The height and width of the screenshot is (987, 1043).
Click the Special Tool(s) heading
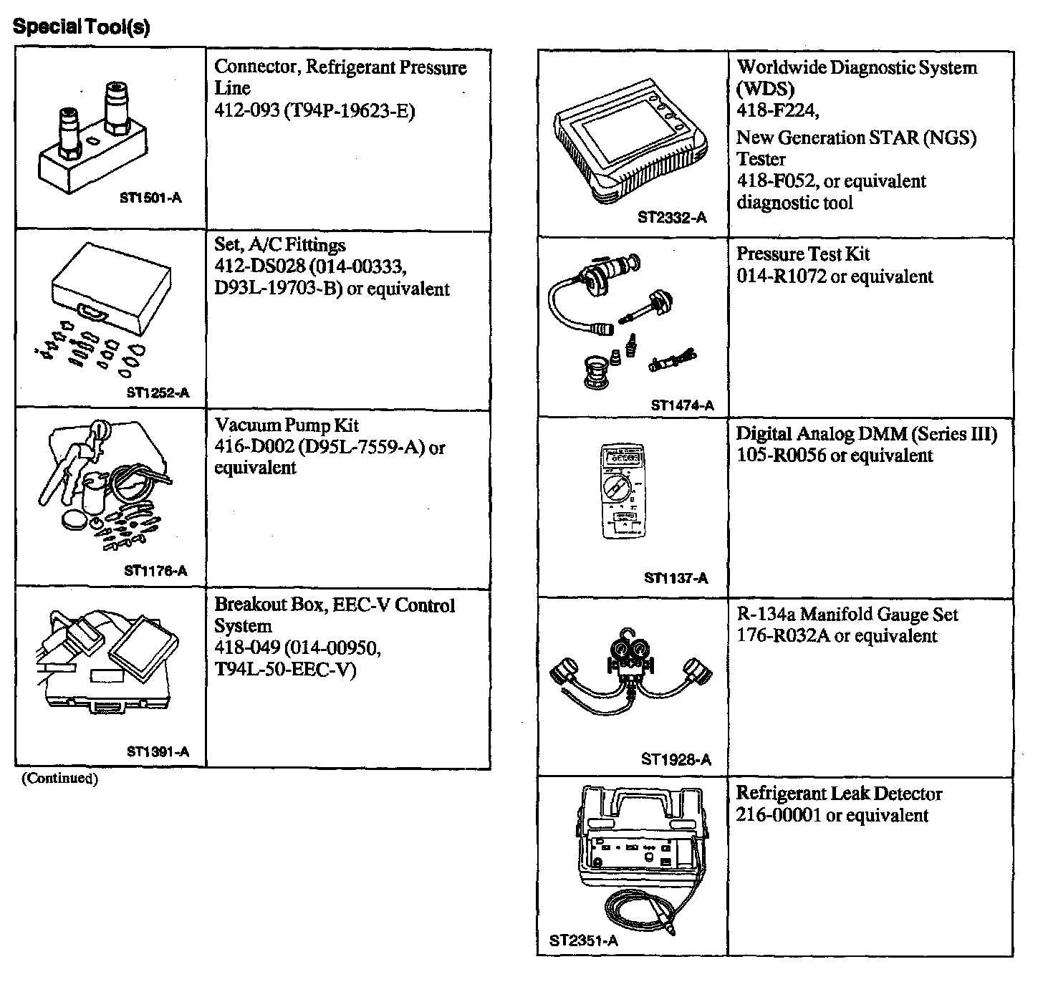coord(82,27)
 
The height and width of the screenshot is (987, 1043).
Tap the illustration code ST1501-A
coord(150,198)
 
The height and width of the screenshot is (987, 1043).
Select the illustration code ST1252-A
coord(158,393)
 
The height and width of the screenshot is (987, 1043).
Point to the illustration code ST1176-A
coord(155,571)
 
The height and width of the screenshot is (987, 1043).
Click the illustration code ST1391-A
coord(158,751)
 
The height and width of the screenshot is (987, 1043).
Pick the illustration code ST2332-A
coord(672,218)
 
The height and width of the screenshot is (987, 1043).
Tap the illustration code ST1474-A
coord(682,405)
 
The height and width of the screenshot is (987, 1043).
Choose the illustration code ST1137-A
coord(676,578)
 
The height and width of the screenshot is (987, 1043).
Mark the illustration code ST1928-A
coord(676,759)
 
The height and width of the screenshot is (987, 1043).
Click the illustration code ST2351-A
coord(583,941)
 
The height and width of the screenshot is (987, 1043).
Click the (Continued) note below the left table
coord(59,779)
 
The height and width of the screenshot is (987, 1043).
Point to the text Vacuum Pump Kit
coord(287,425)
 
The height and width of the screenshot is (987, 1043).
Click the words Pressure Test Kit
coord(803,254)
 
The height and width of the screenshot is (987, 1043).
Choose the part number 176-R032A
coord(783,636)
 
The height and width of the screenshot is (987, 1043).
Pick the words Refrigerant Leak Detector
coord(839,794)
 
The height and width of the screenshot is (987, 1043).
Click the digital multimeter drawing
coord(620,493)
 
